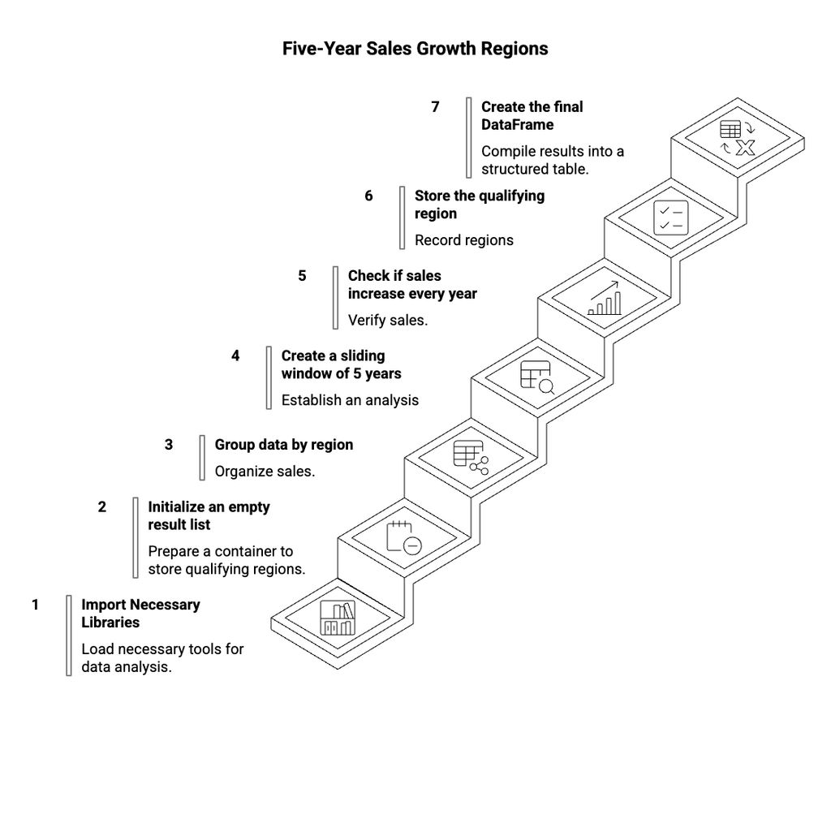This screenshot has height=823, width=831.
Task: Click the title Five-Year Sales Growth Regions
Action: (x=415, y=49)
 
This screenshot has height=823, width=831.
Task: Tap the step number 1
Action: (x=36, y=605)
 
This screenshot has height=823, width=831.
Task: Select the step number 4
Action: (x=235, y=355)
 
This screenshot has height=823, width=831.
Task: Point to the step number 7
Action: (x=435, y=106)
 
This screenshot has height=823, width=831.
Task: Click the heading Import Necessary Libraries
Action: (x=140, y=614)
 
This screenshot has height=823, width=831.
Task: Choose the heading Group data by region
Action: (x=283, y=445)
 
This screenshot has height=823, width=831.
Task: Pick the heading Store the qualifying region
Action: (x=479, y=205)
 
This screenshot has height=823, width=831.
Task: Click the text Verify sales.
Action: (x=387, y=320)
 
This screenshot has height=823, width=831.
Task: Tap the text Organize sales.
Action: (x=265, y=471)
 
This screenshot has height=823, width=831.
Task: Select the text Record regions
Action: (x=463, y=240)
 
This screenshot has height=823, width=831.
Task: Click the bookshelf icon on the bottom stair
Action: (x=337, y=619)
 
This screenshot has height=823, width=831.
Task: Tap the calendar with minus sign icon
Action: (x=403, y=538)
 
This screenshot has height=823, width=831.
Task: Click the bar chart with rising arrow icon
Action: (x=605, y=298)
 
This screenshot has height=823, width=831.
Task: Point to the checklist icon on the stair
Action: (x=671, y=218)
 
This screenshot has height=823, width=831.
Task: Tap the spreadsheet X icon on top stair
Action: (x=737, y=138)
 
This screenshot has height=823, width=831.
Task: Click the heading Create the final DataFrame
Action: (x=532, y=115)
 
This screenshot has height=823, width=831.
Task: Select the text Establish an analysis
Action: (x=350, y=399)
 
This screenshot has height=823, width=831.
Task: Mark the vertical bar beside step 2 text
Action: (x=136, y=537)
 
